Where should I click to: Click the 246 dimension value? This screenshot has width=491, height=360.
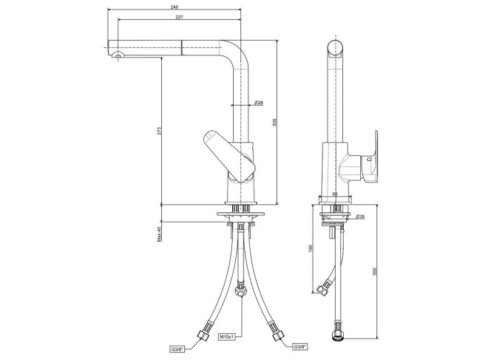point(175,7)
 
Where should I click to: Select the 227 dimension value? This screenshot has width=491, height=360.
point(179,17)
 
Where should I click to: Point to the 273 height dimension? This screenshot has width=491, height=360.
point(159,131)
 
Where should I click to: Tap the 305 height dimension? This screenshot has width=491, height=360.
point(275,122)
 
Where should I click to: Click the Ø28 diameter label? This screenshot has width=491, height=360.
point(259,102)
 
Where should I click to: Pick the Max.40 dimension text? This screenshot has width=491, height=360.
point(159,234)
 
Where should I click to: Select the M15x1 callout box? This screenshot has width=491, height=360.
point(226,337)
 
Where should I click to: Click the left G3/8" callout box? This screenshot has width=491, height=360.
point(176,349)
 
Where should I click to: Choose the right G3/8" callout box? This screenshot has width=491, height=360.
point(300,347)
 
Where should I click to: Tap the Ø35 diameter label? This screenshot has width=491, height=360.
point(360,217)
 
